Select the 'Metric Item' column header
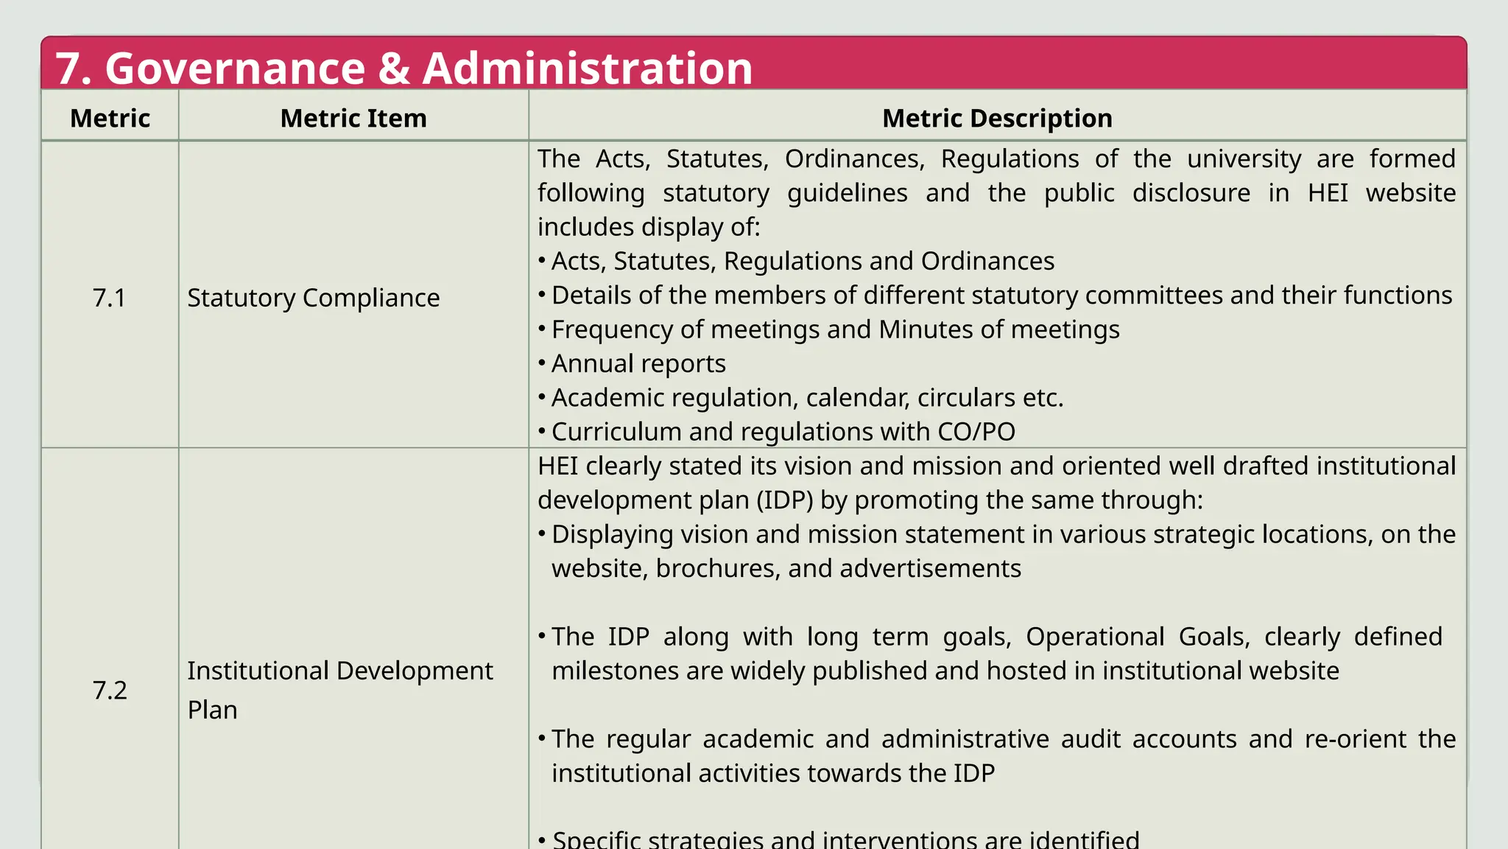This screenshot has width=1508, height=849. pyautogui.click(x=353, y=118)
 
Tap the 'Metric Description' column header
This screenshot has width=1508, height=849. pyautogui.click(x=997, y=118)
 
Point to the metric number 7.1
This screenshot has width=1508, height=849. pyautogui.click(x=109, y=298)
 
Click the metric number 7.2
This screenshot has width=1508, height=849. pyautogui.click(x=109, y=690)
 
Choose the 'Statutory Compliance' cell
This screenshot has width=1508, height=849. pyautogui.click(x=313, y=298)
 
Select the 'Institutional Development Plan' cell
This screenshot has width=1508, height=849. pyautogui.click(x=339, y=690)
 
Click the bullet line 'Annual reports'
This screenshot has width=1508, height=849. pyautogui.click(x=638, y=363)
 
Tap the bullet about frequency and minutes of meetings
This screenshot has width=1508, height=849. pyautogui.click(x=835, y=329)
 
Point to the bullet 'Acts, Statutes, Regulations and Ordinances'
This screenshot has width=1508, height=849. pyautogui.click(x=803, y=261)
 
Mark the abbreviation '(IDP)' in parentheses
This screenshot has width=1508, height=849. pyautogui.click(x=785, y=500)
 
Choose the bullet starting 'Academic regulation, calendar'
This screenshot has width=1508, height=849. pyautogui.click(x=807, y=398)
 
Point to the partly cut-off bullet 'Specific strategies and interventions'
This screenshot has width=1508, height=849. pyautogui.click(x=845, y=839)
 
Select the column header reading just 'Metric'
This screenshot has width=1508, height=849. pyautogui.click(x=110, y=118)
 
